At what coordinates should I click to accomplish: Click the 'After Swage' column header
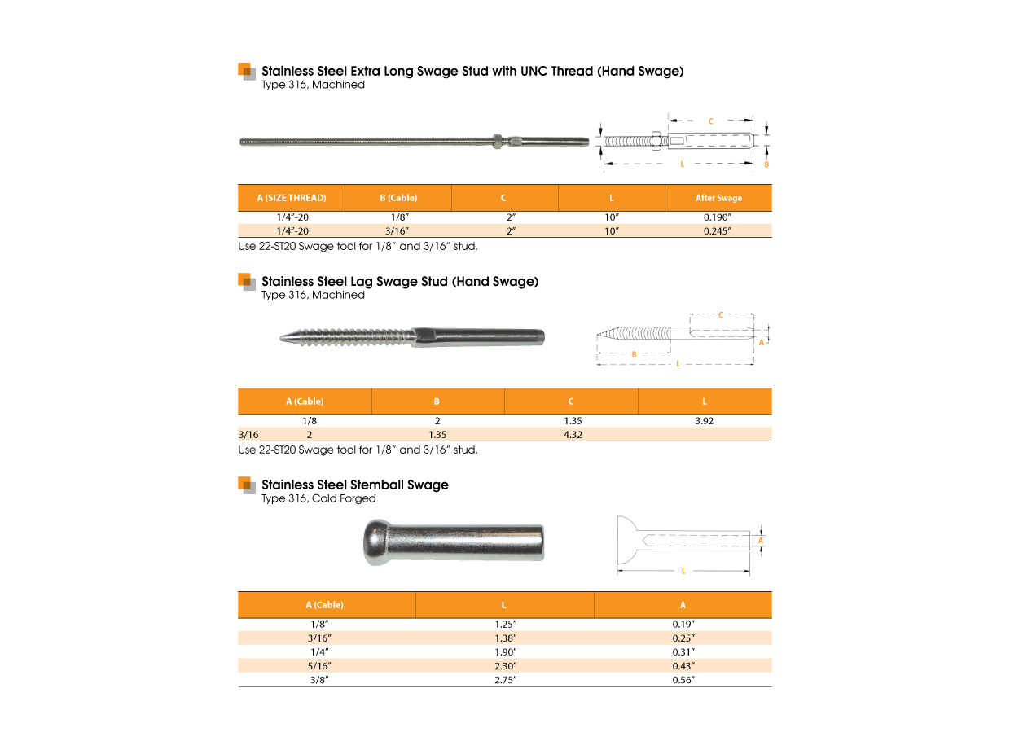tap(718, 198)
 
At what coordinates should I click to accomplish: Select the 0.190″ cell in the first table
tap(718, 217)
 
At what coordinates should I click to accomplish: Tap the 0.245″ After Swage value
tap(718, 230)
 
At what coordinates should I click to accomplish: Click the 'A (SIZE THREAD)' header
tap(292, 198)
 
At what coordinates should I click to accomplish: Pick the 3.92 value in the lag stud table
tap(704, 421)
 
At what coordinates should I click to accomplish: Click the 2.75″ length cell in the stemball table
tap(504, 679)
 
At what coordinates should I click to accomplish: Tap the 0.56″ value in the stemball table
tap(683, 679)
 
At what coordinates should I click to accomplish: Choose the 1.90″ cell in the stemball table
tap(504, 651)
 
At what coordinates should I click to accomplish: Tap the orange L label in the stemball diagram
tap(683, 571)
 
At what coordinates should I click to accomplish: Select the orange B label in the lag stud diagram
tap(635, 354)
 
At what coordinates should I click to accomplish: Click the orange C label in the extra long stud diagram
tap(710, 121)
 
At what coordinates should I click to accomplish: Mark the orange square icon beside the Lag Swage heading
tap(246, 281)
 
